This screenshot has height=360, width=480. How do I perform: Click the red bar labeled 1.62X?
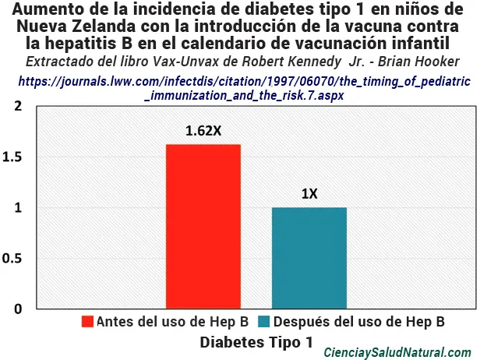tap(203, 226)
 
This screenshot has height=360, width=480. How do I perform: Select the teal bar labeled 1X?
tap(309, 257)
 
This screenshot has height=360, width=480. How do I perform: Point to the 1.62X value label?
tap(203, 131)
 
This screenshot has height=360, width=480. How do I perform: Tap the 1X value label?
tap(309, 193)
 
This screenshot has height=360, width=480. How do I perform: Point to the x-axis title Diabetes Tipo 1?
tap(256, 342)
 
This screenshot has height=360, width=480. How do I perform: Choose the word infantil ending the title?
tap(430, 42)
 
